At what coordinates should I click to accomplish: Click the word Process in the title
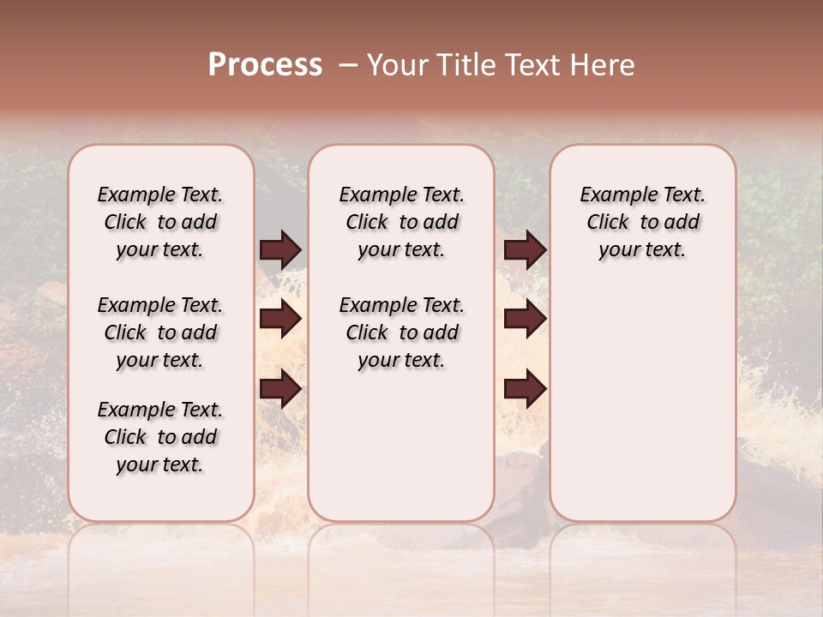click(265, 65)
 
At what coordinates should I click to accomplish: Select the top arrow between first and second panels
click(280, 249)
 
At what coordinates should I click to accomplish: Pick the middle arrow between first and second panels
click(280, 319)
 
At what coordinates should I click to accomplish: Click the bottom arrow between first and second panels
click(280, 390)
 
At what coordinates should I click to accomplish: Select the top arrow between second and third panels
click(525, 249)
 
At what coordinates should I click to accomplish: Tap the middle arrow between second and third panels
click(525, 319)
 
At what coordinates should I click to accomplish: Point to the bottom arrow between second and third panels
click(525, 390)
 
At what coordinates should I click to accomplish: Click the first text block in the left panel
click(160, 222)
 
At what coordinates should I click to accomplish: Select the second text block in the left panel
click(160, 332)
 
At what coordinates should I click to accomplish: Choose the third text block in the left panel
click(160, 437)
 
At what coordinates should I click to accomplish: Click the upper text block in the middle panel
click(401, 222)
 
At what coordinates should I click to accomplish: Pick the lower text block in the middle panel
click(401, 332)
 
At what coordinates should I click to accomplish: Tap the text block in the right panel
click(642, 222)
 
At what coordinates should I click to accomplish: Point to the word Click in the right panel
click(608, 223)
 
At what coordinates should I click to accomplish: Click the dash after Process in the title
click(348, 66)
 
